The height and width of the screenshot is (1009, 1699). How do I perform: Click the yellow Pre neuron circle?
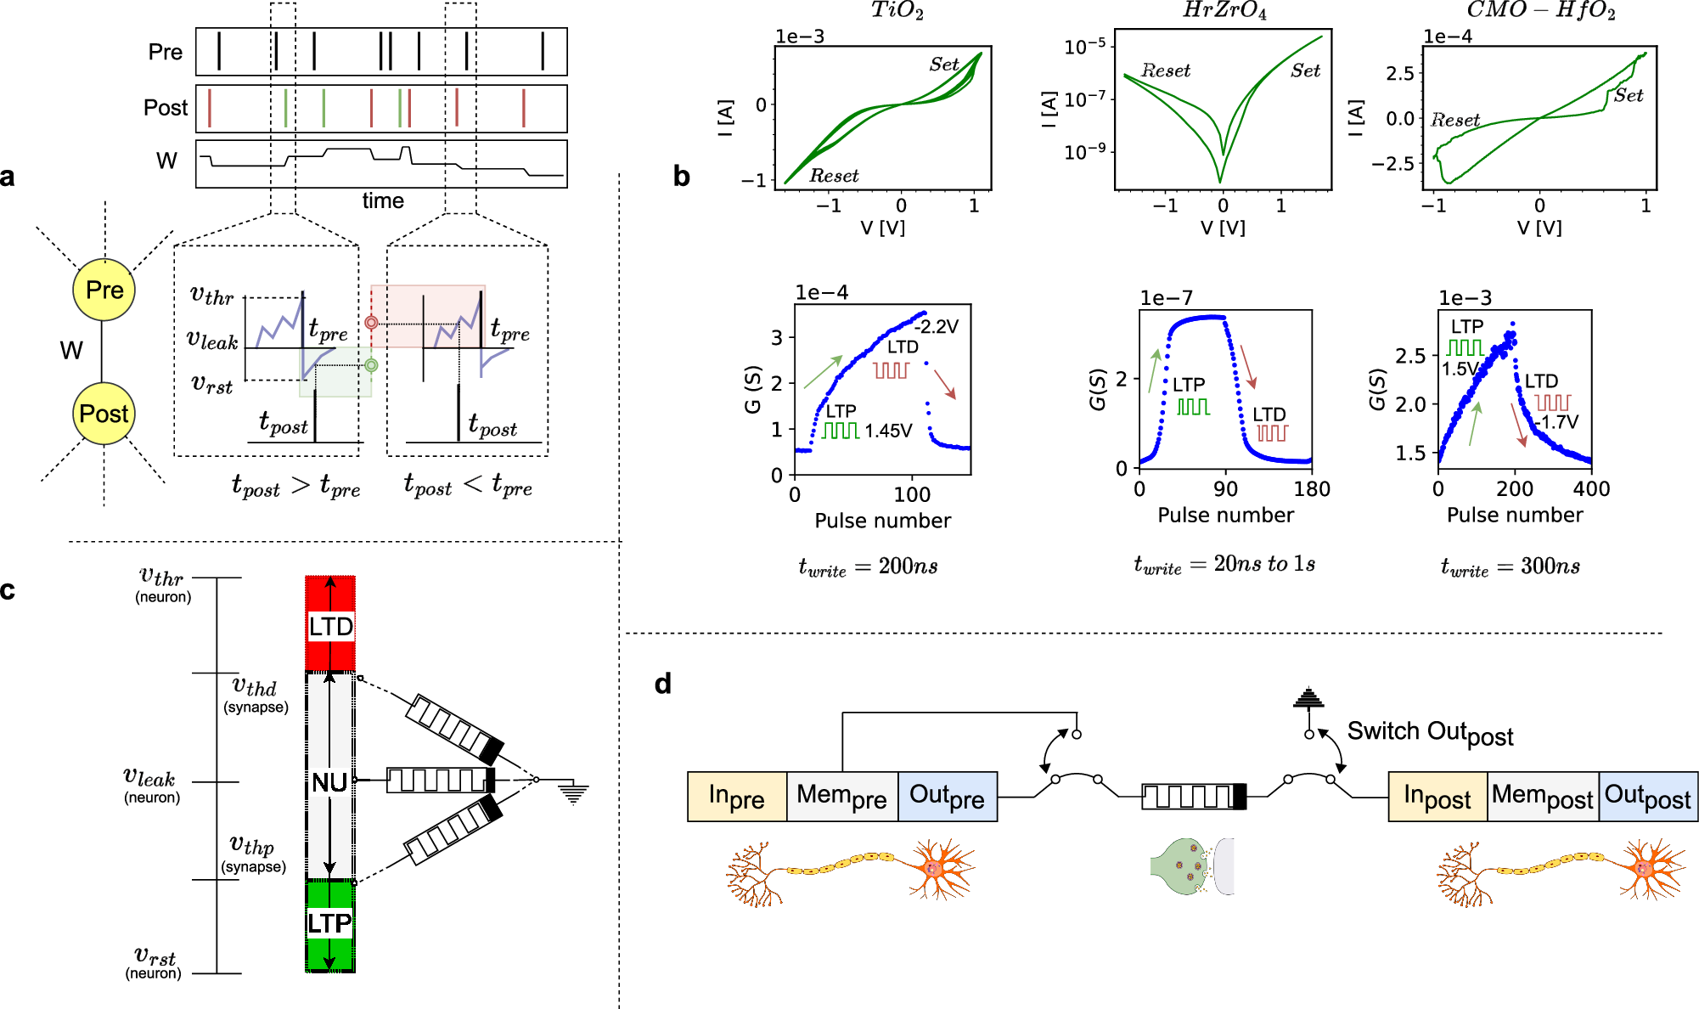pyautogui.click(x=104, y=290)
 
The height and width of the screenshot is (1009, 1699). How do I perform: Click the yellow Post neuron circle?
pyautogui.click(x=104, y=414)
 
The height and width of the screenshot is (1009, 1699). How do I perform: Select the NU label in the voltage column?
pyautogui.click(x=329, y=782)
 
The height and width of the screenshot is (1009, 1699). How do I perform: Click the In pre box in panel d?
pyautogui.click(x=736, y=797)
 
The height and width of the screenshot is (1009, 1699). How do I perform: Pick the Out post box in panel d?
pyautogui.click(x=1647, y=797)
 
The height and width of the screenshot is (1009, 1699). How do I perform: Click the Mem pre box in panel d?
pyautogui.click(x=841, y=797)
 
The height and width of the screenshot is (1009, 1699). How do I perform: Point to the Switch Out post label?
pyautogui.click(x=1430, y=733)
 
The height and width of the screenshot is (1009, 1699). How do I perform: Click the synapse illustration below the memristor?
pyautogui.click(x=1191, y=866)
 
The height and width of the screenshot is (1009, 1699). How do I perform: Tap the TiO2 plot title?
pyautogui.click(x=897, y=11)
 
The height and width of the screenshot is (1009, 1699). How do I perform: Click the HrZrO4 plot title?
pyautogui.click(x=1224, y=11)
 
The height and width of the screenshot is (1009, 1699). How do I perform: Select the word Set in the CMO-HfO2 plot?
pyautogui.click(x=1628, y=95)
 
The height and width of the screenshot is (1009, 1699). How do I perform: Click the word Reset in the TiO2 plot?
pyautogui.click(x=833, y=176)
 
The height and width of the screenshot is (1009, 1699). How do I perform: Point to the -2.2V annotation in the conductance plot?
pyautogui.click(x=937, y=327)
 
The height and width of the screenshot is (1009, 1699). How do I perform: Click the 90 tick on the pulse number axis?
pyautogui.click(x=1225, y=489)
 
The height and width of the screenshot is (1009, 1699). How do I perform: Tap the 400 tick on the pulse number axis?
pyautogui.click(x=1591, y=489)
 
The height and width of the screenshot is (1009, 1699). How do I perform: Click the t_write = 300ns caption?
pyautogui.click(x=1510, y=567)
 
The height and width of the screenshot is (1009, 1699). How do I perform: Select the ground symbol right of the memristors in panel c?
pyautogui.click(x=573, y=793)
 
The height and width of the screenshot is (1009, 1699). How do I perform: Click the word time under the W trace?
pyautogui.click(x=383, y=201)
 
